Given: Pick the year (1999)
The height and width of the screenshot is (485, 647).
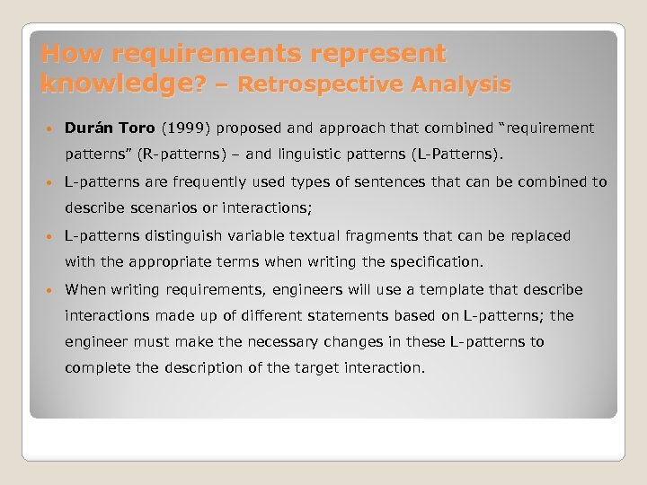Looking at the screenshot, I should [x=186, y=128].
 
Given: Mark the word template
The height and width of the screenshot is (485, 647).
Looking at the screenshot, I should [x=456, y=289].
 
